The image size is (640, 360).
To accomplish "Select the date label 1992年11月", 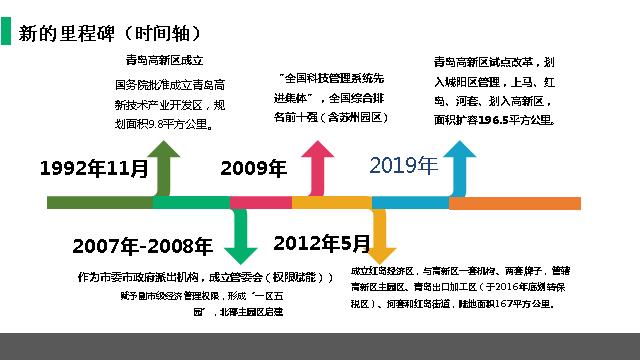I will tap(94, 169).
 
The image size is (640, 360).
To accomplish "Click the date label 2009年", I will tap(253, 168).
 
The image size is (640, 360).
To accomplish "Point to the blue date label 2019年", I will tap(403, 165).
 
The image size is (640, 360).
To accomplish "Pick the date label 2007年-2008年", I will tap(142, 246).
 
